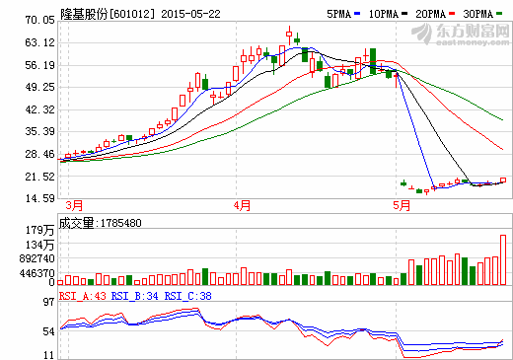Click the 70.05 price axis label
(39, 20)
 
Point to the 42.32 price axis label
(39, 109)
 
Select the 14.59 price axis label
(39, 199)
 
